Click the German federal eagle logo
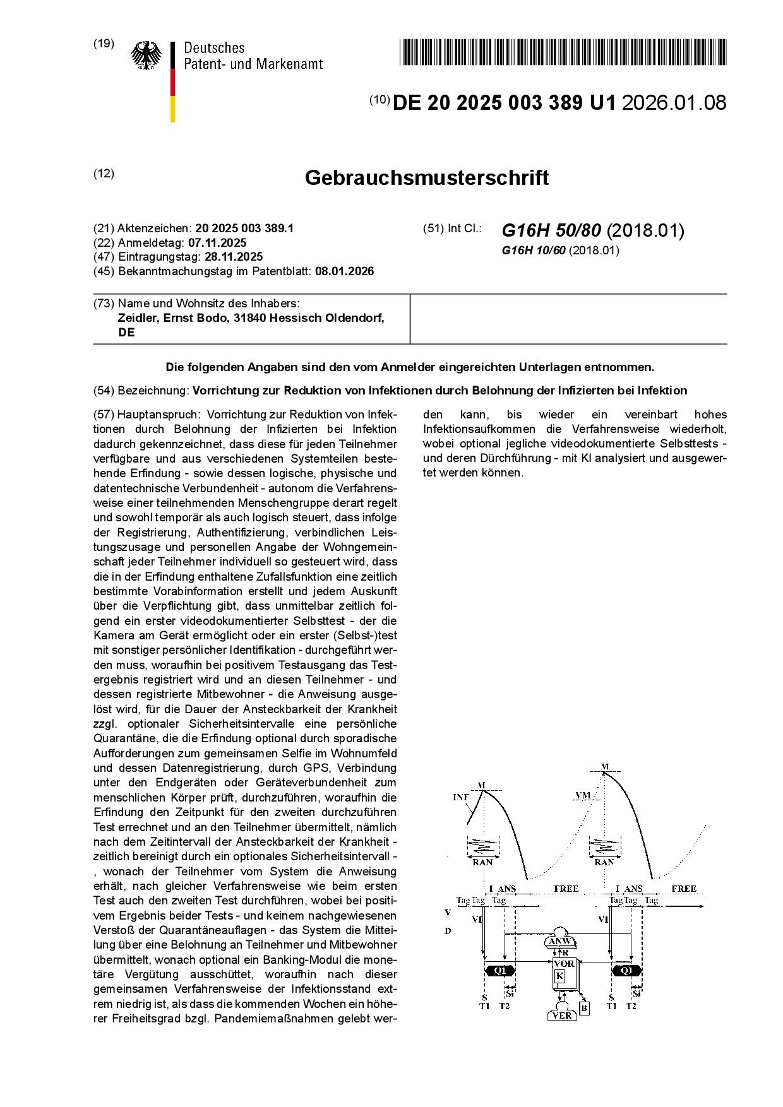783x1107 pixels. pos(146,56)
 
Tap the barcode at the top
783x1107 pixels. pos(562,52)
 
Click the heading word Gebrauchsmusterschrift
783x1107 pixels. pos(426,178)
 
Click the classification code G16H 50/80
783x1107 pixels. pos(551,230)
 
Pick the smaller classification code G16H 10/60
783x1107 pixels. pos(533,251)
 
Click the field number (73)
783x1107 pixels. pos(104,303)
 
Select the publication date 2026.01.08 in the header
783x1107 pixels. pos(674,102)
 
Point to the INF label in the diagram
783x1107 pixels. pos(461,797)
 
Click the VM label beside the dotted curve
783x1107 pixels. pos(583,795)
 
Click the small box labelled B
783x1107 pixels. pos(584,1009)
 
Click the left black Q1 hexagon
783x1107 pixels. pos(500,970)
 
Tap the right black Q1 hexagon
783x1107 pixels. pos(626,970)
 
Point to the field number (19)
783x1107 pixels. pos(104,44)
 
